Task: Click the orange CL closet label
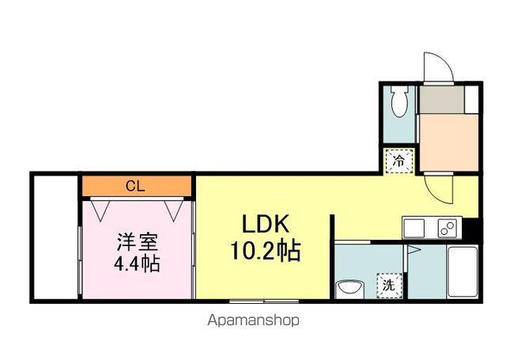pyautogui.click(x=137, y=186)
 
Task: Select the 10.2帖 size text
pyautogui.click(x=264, y=252)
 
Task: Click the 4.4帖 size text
pyautogui.click(x=136, y=263)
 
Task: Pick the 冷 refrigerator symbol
pyautogui.click(x=399, y=161)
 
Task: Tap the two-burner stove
pyautogui.click(x=446, y=228)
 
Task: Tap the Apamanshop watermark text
pyautogui.click(x=253, y=321)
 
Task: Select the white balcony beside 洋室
pyautogui.click(x=55, y=237)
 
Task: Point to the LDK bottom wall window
pyautogui.click(x=262, y=301)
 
